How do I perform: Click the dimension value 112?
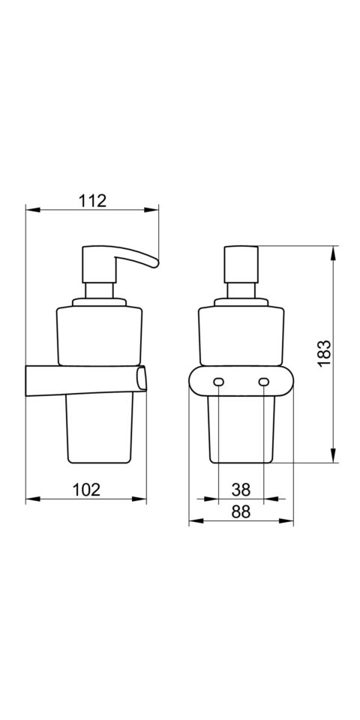[91, 201]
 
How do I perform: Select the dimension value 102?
[86, 490]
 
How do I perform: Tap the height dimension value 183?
[324, 353]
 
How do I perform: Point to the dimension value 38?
[241, 490]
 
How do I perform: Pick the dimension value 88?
[241, 512]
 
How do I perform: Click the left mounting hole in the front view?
[218, 382]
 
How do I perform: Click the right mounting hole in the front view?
[263, 382]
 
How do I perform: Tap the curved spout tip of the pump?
[154, 263]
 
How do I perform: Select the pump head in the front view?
[241, 265]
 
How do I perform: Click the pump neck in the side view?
[100, 291]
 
